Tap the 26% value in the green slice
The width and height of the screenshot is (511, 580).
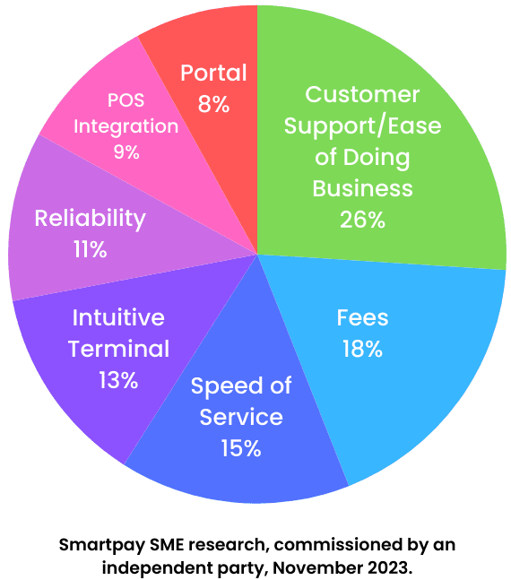click(362, 220)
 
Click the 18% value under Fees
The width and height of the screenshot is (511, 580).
click(362, 349)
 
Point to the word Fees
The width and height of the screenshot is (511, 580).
click(362, 317)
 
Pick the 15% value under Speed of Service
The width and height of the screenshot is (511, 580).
click(241, 448)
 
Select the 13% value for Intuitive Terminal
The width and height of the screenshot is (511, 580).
click(118, 380)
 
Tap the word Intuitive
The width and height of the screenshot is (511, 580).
click(118, 317)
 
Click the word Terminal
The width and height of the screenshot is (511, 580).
click(118, 349)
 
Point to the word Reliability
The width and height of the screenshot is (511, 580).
click(91, 219)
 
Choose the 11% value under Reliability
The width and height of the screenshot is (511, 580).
click(91, 249)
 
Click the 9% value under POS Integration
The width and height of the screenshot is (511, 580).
click(126, 152)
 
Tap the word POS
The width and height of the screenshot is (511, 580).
click(126, 100)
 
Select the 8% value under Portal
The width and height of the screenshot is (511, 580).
click(214, 104)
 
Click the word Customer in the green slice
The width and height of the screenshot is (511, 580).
click(362, 94)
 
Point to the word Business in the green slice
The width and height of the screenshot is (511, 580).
click(362, 188)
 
